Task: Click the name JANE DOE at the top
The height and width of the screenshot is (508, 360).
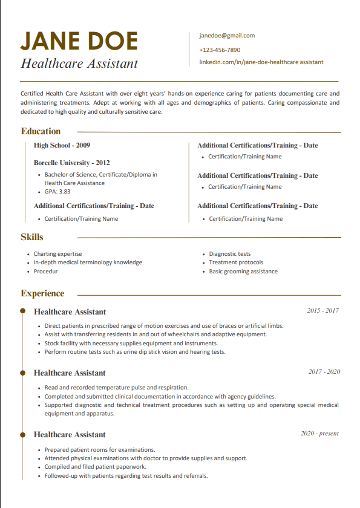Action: pos(79,41)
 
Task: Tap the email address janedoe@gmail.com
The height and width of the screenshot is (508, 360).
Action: pos(227,36)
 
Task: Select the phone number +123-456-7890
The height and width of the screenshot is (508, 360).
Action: pos(220,50)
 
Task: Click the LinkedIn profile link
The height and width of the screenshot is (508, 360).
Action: pos(261,62)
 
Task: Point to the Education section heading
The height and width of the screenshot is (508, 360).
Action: pos(41,131)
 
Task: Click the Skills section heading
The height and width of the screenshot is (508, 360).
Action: pos(32,237)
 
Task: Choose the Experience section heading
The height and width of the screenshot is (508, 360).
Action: pos(42,293)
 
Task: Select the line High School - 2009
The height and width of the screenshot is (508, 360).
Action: pos(62,145)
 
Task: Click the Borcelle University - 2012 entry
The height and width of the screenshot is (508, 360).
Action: pos(71,163)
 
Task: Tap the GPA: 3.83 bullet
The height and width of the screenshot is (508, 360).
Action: pos(57,192)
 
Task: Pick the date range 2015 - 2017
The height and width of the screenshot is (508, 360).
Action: pos(322,311)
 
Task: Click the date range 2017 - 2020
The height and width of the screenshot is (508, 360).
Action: pos(324,371)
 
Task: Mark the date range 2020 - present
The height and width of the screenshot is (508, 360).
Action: pos(319,434)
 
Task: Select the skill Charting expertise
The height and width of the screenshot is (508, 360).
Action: pos(57,254)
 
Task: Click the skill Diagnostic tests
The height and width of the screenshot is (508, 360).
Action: pos(229,254)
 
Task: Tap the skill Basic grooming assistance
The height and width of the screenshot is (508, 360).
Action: pos(243,272)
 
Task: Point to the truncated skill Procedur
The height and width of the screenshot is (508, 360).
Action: pos(46,272)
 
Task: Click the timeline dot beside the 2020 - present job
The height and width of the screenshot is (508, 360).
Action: pos(23,434)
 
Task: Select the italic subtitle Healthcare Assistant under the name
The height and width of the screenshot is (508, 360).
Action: pos(79,63)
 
